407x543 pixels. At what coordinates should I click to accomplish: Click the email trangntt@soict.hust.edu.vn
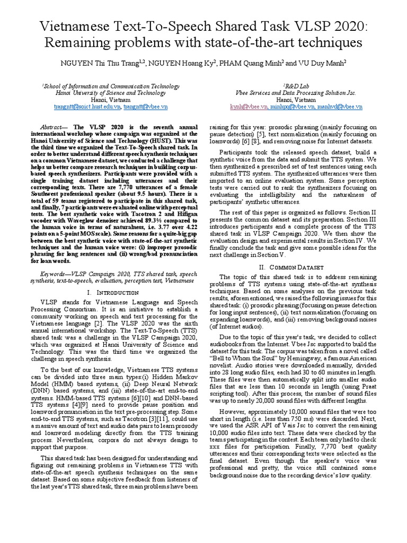pos(87,107)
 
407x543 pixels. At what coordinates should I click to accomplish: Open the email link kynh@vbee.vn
pos(242,107)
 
